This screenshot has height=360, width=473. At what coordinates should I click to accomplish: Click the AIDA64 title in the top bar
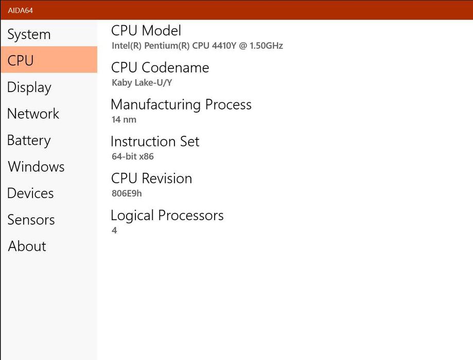click(x=20, y=10)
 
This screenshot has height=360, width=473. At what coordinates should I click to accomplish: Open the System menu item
click(x=29, y=34)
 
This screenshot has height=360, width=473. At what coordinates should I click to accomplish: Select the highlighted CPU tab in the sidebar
click(x=49, y=60)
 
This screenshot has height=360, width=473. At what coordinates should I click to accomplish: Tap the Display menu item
click(x=29, y=88)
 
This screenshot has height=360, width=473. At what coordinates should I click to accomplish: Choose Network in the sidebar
click(x=33, y=114)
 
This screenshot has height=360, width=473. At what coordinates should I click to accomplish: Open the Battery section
click(x=29, y=140)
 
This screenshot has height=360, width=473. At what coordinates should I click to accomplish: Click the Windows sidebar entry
click(x=36, y=167)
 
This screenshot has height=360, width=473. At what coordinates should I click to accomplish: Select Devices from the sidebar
click(x=30, y=193)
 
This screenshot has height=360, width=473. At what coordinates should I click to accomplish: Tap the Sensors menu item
click(x=31, y=220)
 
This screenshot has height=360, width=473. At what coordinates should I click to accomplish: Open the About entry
click(x=27, y=246)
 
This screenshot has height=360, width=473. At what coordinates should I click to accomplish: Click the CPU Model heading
click(x=146, y=30)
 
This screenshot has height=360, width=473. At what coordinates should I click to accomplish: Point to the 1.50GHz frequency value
click(x=266, y=46)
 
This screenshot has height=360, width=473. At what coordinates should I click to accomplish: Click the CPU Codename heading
click(x=160, y=67)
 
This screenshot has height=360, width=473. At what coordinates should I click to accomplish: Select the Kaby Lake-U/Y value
click(x=142, y=83)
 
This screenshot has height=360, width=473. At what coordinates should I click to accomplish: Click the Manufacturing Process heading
click(x=181, y=105)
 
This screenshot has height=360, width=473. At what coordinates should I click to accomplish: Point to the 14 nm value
click(x=124, y=119)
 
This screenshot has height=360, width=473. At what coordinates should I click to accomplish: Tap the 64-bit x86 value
click(x=133, y=156)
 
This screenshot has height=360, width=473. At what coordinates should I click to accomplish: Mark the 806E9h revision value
click(x=127, y=193)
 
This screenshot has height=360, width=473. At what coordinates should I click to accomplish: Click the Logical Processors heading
click(x=167, y=216)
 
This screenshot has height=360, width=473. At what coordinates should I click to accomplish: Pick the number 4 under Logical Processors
click(x=114, y=230)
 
